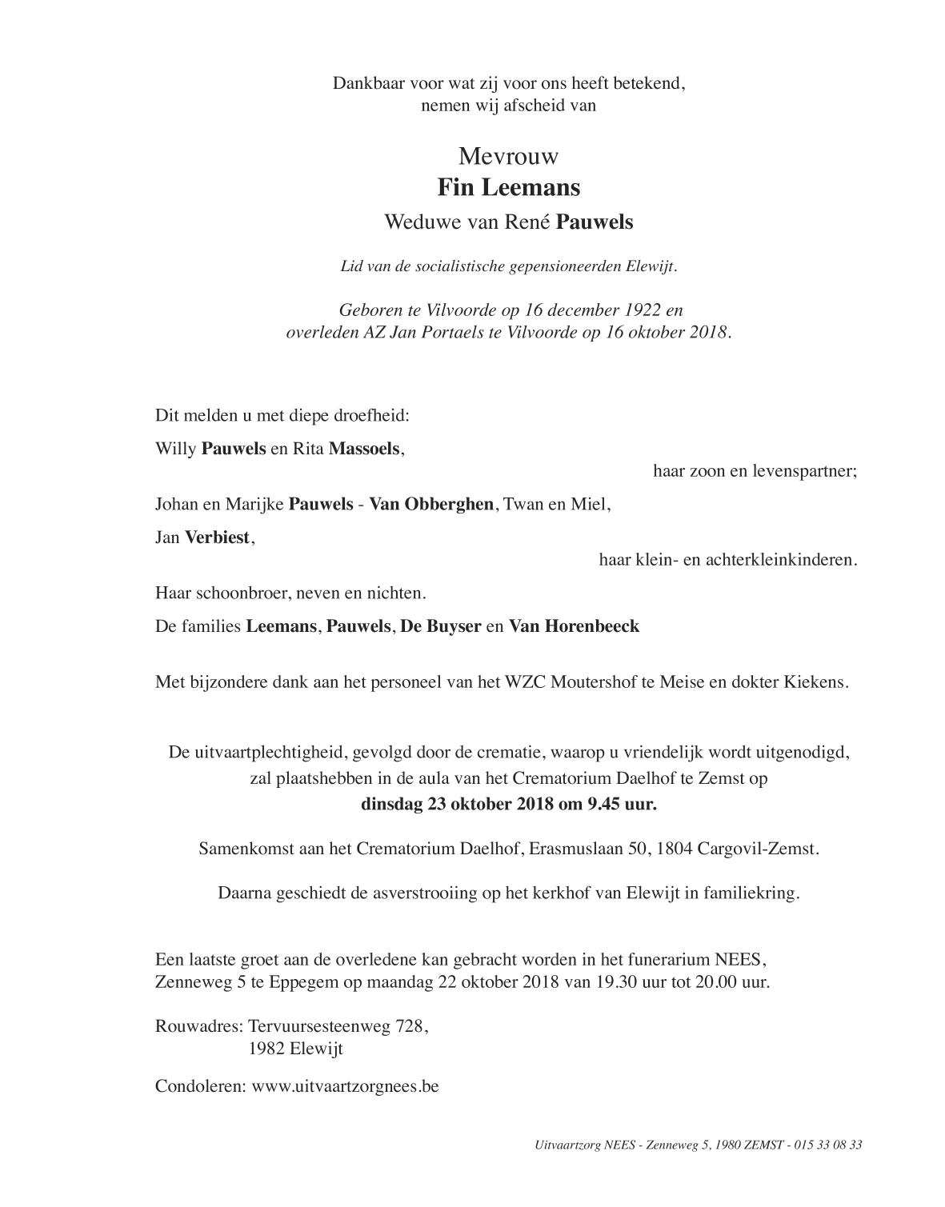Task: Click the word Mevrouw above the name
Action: pos(508,155)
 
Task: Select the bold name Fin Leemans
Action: pos(508,188)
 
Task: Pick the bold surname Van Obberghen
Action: pos(431,505)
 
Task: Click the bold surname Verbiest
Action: pos(218,538)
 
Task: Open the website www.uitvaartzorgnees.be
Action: pos(345,1087)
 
